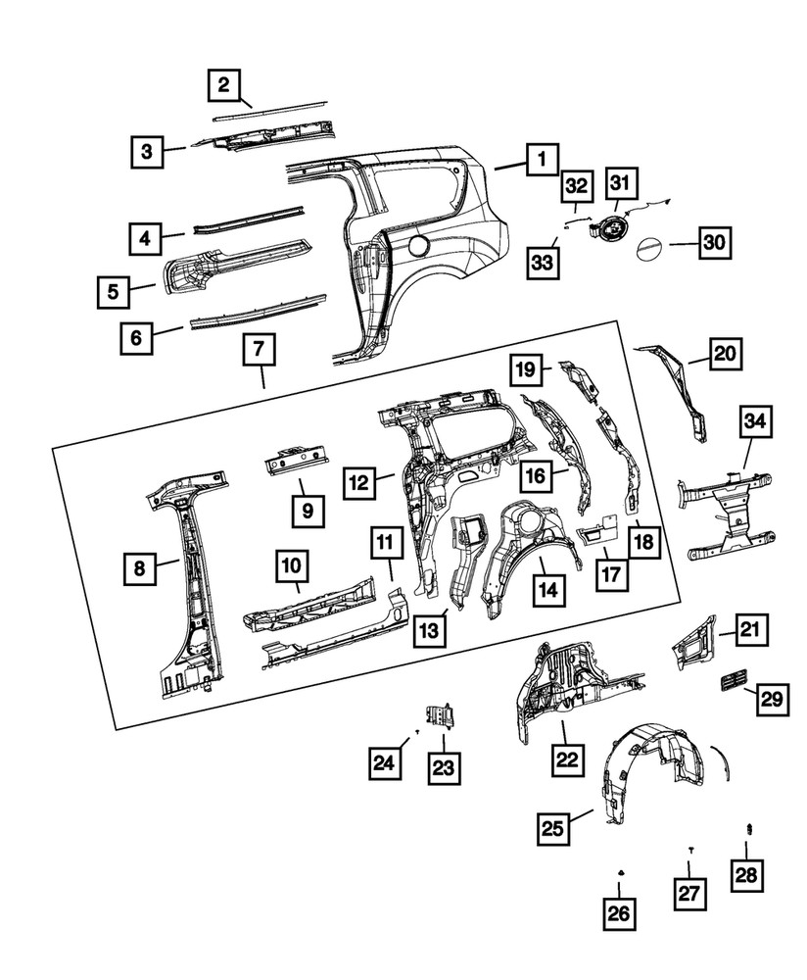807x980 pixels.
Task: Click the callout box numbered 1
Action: pyautogui.click(x=542, y=159)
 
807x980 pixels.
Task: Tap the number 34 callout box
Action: pyautogui.click(x=754, y=424)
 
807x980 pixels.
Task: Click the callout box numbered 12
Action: pyautogui.click(x=359, y=481)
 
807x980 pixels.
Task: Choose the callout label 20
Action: pyautogui.click(x=727, y=354)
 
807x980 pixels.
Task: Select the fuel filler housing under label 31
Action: pyautogui.click(x=609, y=229)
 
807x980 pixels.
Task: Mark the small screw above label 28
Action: pyautogui.click(x=748, y=831)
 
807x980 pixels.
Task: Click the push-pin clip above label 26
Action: pyautogui.click(x=621, y=873)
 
